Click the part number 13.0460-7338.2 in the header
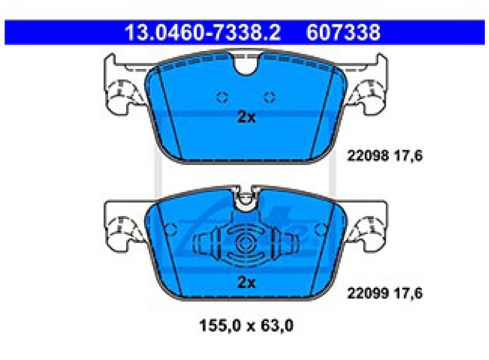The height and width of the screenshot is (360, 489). coord(203,32)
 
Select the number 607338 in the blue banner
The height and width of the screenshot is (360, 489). coord(343,32)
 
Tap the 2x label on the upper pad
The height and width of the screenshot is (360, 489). coord(247,117)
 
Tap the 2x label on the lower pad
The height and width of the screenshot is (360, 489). coord(247,282)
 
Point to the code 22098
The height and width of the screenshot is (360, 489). coord(368,155)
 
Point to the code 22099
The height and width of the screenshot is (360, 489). coord(368,293)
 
